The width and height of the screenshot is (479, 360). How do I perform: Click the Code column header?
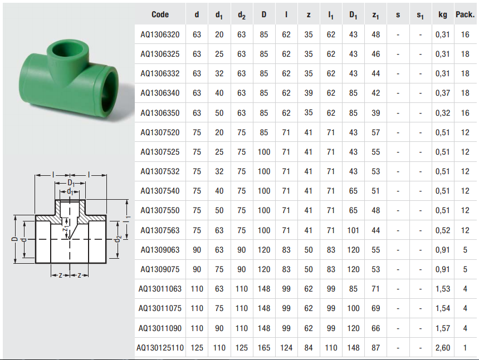coord(160,14)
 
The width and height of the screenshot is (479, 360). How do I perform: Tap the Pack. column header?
coord(465,14)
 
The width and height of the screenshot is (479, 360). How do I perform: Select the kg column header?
coord(443,14)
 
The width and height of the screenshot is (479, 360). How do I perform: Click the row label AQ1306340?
coord(160,93)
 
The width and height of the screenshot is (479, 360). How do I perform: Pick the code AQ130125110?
coord(160,348)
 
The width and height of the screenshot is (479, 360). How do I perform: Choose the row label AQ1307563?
coord(160,230)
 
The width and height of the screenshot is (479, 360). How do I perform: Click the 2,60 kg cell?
coord(443,348)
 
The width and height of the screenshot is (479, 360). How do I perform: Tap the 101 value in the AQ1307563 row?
coord(353,230)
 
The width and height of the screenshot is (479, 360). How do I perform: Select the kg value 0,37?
coord(443,93)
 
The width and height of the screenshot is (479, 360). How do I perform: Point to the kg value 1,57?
coord(443,328)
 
